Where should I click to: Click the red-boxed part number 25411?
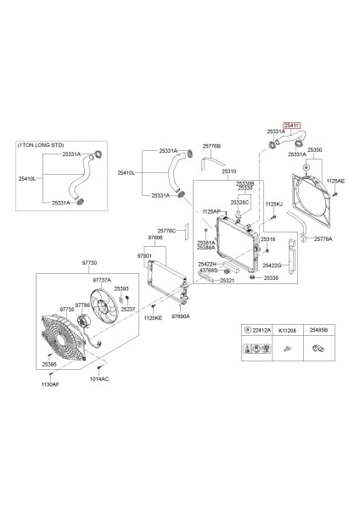click(291, 124)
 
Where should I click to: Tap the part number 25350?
click(314, 148)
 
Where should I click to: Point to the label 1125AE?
click(336, 181)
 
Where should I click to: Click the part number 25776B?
click(211, 146)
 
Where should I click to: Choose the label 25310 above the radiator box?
click(229, 171)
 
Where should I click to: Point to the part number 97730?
click(89, 264)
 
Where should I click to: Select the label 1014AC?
click(98, 379)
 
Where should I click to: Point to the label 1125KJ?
click(273, 204)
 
